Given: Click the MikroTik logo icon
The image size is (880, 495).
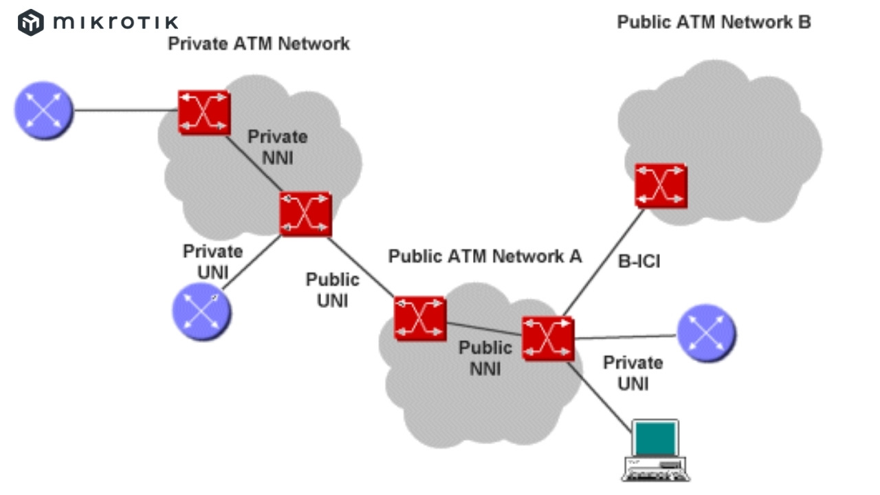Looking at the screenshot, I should click(x=31, y=22).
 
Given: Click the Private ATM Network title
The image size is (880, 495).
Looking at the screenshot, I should click(x=259, y=44).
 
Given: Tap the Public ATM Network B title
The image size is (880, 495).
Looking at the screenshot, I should click(x=714, y=22).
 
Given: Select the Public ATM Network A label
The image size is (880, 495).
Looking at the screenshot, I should click(x=485, y=256).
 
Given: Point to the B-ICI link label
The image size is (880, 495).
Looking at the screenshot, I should click(x=639, y=261).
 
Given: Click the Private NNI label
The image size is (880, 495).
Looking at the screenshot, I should click(x=278, y=147).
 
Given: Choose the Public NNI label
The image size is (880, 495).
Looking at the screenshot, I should click(x=485, y=358).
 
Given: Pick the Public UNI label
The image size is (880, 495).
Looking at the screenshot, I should click(x=332, y=290).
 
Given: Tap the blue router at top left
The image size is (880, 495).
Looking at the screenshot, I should click(x=44, y=110).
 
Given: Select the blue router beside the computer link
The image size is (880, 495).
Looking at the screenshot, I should click(x=706, y=334).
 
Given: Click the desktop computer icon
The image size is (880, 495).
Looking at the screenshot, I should click(x=656, y=451).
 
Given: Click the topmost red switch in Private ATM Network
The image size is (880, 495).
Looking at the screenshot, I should click(x=203, y=111).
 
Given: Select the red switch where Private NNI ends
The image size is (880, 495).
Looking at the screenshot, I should click(x=305, y=214).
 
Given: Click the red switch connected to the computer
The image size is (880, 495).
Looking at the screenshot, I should click(x=547, y=338).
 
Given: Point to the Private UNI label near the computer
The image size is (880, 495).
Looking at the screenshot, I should click(x=632, y=373).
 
